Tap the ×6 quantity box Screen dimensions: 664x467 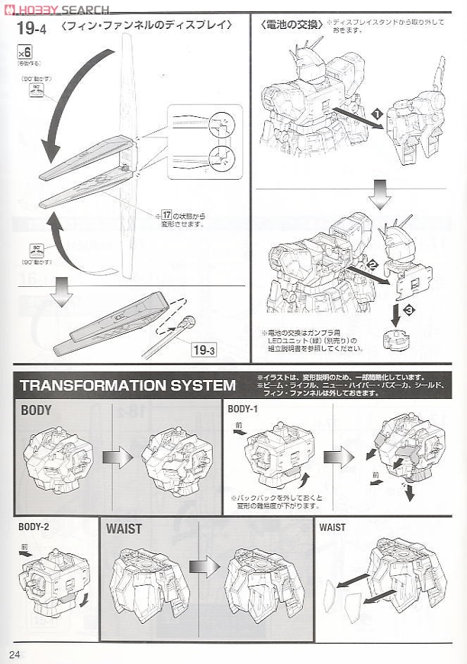coord(25,52)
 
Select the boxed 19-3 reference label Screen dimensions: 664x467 coord(203,349)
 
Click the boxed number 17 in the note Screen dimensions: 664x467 coord(167,214)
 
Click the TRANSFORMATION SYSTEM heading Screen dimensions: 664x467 coord(128,385)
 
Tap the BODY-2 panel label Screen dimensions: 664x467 coord(34,526)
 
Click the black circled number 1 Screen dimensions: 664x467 coord(377,113)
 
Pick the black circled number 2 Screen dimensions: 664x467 coord(372,264)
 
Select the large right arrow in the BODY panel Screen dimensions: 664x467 coord(117,457)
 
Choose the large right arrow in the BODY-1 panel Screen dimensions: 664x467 coord(339,457)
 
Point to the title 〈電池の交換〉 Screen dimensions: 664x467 coord(289,25)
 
